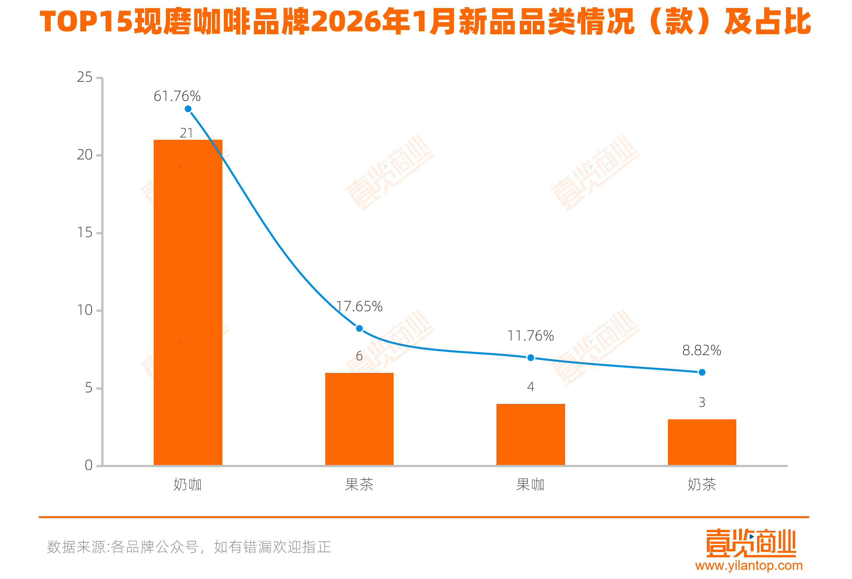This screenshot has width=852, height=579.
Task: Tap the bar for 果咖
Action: (x=531, y=435)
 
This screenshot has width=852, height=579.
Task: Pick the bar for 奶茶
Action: (x=702, y=442)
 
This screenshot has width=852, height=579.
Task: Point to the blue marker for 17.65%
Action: (x=360, y=328)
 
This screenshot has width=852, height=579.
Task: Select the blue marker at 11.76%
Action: (x=531, y=357)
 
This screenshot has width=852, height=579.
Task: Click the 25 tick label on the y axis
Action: (x=85, y=77)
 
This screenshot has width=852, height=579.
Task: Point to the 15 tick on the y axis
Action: (x=85, y=233)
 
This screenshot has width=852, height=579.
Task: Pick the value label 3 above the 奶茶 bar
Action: (x=702, y=402)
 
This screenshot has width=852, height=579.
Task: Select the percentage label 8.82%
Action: (x=702, y=350)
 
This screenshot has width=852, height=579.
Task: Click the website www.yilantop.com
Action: (x=749, y=566)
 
